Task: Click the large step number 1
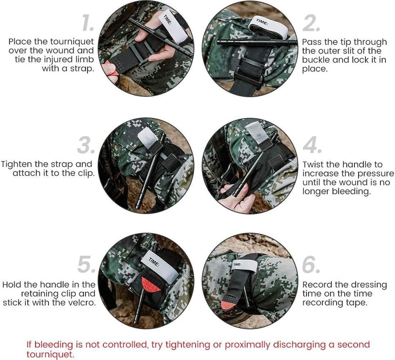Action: click(x=88, y=23)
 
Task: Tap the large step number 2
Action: click(x=311, y=23)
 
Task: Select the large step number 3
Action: click(x=86, y=145)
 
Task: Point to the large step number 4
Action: click(x=312, y=145)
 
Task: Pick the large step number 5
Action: click(x=86, y=264)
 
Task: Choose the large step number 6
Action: click(x=311, y=265)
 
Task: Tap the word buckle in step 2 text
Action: click(x=316, y=60)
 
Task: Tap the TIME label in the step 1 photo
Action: click(x=168, y=20)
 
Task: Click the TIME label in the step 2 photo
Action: click(x=262, y=22)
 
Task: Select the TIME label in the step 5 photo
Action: click(x=154, y=262)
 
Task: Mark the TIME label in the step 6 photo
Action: click(x=237, y=264)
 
